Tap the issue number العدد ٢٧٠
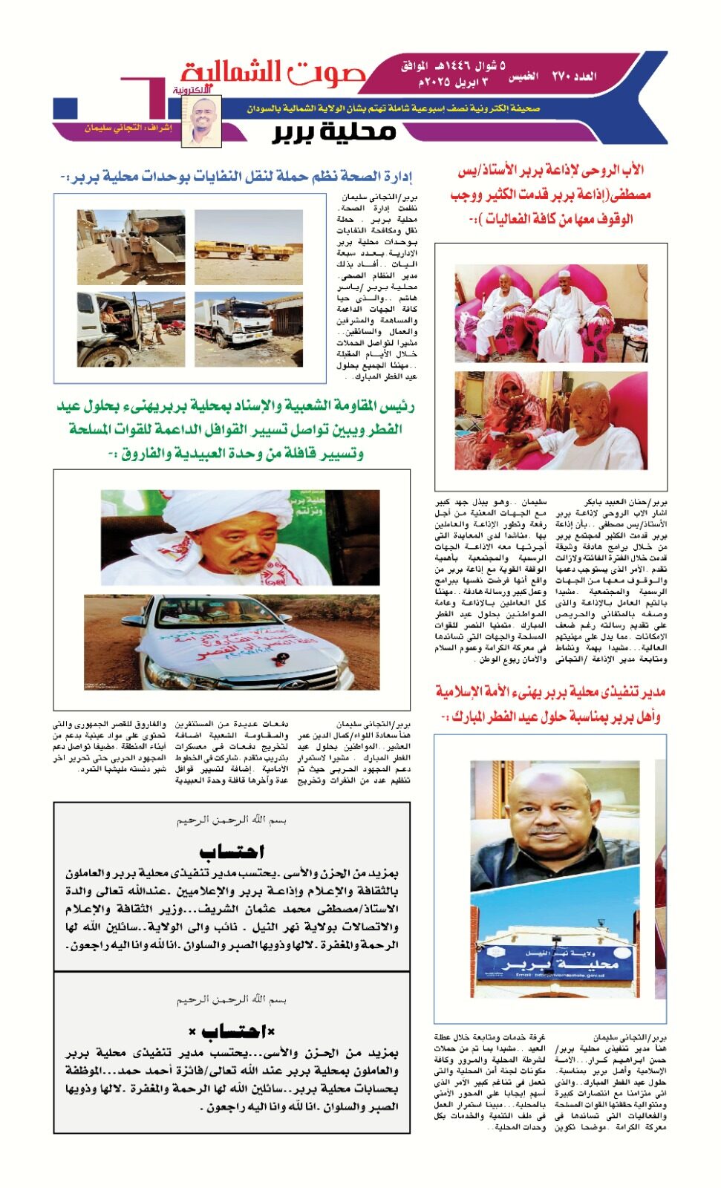coord(574,76)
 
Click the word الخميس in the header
coord(523,76)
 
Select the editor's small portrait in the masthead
coord(202,120)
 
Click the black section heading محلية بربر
coord(334,132)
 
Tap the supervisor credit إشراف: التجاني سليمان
coord(128,128)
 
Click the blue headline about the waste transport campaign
coord(236,177)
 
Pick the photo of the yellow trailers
coord(248,247)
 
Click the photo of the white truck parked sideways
coord(248,329)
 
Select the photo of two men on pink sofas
coord(550,313)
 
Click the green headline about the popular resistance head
coord(236,429)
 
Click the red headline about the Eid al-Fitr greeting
coord(550,704)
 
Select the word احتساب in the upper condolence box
coord(232,851)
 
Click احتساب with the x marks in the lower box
coord(232,1031)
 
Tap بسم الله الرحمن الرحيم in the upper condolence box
coord(232,820)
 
